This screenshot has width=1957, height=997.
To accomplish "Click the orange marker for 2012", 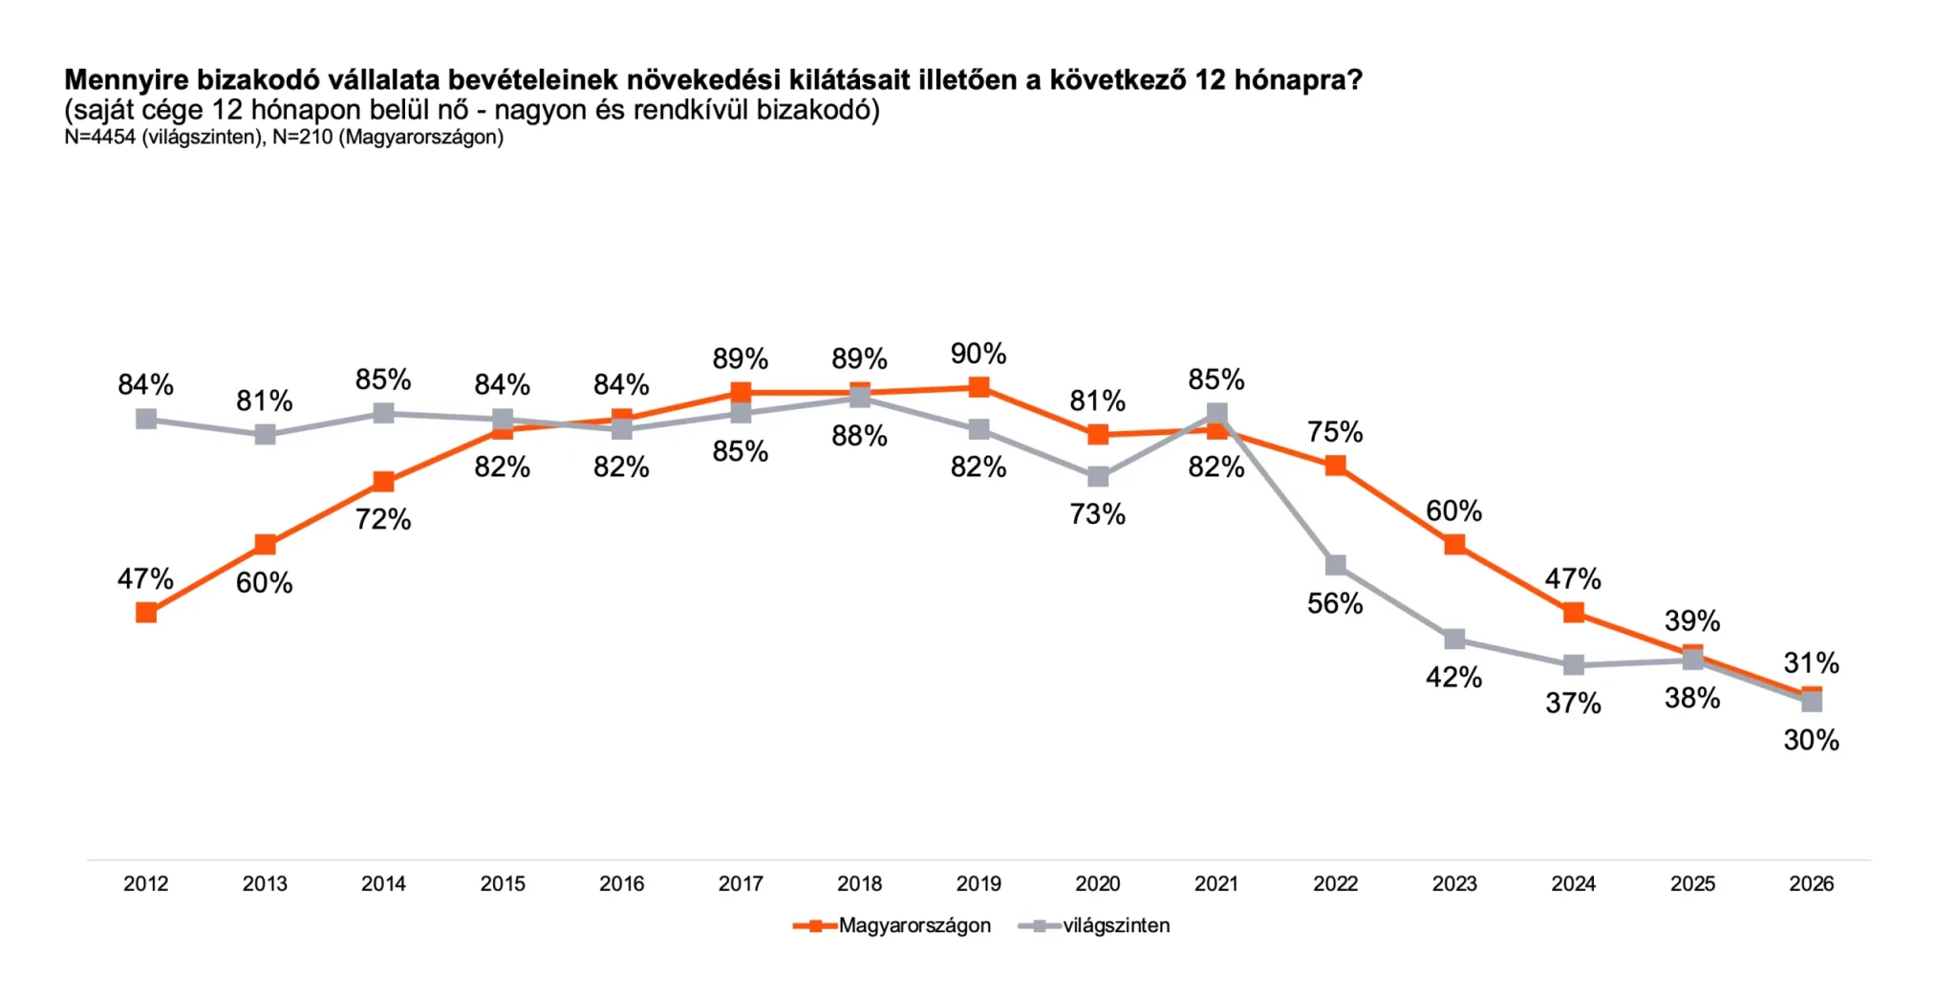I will (146, 613).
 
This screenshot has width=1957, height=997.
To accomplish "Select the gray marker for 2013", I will (265, 435).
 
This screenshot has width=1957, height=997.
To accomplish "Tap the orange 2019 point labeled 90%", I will (978, 387).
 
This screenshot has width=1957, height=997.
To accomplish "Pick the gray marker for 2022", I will (1336, 566).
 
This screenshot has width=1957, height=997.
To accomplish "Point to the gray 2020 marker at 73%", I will (1098, 476).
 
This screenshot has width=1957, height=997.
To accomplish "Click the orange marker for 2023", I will (1454, 545).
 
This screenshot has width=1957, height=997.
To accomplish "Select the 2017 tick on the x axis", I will (741, 883).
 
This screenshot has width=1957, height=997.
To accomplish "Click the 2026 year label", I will (1811, 883).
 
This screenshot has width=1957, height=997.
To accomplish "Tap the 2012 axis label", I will (146, 883).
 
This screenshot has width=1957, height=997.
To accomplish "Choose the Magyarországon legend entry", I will (914, 925).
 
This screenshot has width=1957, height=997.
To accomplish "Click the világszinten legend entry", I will (1115, 925).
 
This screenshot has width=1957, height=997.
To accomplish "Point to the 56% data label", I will (1335, 603).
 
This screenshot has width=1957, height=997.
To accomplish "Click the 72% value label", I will (383, 519).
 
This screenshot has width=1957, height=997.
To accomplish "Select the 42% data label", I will (1453, 678).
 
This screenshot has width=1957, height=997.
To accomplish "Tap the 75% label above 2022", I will (1335, 432).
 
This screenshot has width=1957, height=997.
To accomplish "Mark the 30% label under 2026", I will (1811, 740).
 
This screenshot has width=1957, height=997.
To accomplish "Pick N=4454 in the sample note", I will (100, 137).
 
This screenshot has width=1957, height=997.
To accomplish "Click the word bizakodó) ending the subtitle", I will (818, 110).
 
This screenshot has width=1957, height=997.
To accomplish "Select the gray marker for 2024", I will (1574, 664).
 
